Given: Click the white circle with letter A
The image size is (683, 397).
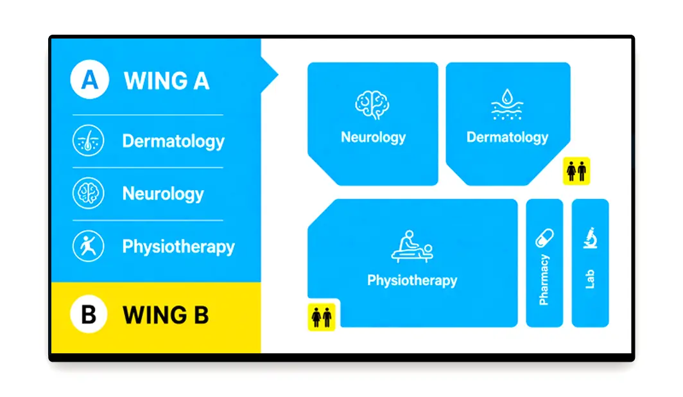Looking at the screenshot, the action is pyautogui.click(x=89, y=79).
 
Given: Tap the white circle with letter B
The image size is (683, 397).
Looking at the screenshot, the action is pyautogui.click(x=89, y=313).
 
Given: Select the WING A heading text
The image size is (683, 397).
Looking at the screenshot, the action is pyautogui.click(x=166, y=81).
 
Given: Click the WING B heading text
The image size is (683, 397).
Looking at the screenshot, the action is pyautogui.click(x=166, y=315).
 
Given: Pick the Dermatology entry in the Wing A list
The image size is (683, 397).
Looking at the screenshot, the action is pyautogui.click(x=173, y=141).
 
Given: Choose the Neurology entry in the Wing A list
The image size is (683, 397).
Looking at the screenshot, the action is pyautogui.click(x=163, y=194).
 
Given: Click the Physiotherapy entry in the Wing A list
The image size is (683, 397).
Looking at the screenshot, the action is pyautogui.click(x=178, y=247).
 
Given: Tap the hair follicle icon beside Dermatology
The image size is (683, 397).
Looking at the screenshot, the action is pyautogui.click(x=88, y=141).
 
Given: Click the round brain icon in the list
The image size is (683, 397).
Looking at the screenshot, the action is pyautogui.click(x=88, y=193).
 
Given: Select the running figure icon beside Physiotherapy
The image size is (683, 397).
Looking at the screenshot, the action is pyautogui.click(x=88, y=246).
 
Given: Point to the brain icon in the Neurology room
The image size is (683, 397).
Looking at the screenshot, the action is pyautogui.click(x=372, y=105).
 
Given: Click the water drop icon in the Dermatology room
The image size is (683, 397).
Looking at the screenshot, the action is pyautogui.click(x=507, y=104).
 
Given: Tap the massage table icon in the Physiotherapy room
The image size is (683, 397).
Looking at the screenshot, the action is pyautogui.click(x=412, y=247).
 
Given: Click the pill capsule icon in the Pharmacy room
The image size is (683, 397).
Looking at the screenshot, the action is pyautogui.click(x=544, y=238).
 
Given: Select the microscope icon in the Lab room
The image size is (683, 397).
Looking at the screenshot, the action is pyautogui.click(x=590, y=238).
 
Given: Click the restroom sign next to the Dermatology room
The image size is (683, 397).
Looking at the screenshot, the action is pyautogui.click(x=576, y=171).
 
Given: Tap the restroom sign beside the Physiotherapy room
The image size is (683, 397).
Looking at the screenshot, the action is pyautogui.click(x=322, y=317).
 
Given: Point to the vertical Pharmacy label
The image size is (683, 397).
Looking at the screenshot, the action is pyautogui.click(x=544, y=280).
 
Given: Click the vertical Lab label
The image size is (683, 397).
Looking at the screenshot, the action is pyautogui.click(x=590, y=279).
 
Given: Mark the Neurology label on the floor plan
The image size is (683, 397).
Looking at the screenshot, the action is pyautogui.click(x=374, y=137).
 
